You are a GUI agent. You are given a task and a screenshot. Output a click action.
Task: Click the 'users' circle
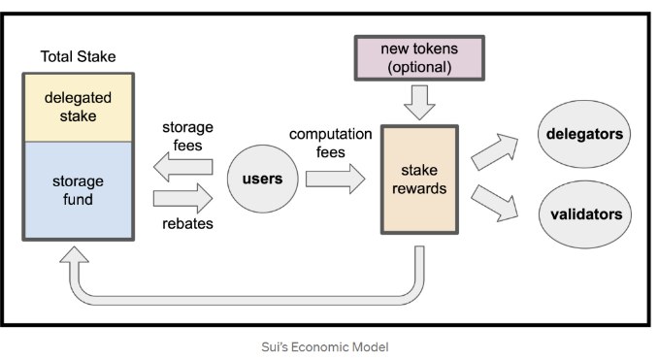pos(261,180)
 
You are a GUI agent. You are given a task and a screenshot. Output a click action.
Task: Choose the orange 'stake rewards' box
pos(420,180)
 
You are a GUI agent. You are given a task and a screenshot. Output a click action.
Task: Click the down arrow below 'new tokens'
pos(419,99)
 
